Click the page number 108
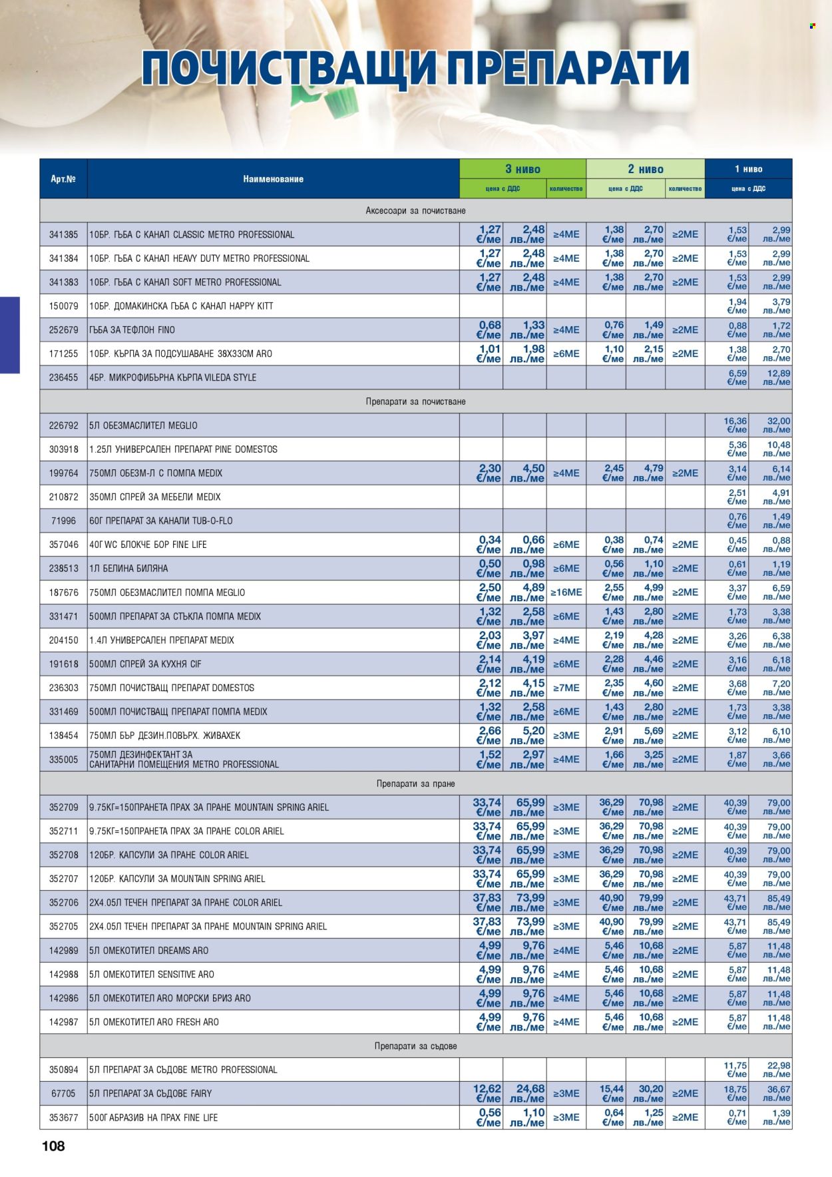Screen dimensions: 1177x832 (53, 1146)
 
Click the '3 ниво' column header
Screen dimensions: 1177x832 (522, 169)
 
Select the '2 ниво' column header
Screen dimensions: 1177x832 (646, 169)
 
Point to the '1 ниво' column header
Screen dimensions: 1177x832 (748, 169)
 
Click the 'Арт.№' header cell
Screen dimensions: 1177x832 (63, 179)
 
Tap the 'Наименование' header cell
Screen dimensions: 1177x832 (273, 179)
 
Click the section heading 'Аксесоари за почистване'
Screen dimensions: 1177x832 (415, 210)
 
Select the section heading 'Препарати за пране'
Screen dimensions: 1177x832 (415, 784)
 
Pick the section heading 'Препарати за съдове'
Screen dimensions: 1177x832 (415, 1046)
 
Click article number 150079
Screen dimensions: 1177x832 (63, 306)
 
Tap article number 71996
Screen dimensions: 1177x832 (63, 521)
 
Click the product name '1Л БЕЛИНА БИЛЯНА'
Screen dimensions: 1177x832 (128, 569)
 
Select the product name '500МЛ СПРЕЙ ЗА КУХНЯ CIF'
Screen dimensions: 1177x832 (145, 664)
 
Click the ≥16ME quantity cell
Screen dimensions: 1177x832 (566, 592)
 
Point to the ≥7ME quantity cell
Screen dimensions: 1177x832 (566, 688)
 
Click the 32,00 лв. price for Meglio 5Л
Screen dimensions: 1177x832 (777, 425)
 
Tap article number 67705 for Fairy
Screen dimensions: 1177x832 (63, 1093)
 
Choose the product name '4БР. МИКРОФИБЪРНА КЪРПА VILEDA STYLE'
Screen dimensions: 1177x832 (172, 377)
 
